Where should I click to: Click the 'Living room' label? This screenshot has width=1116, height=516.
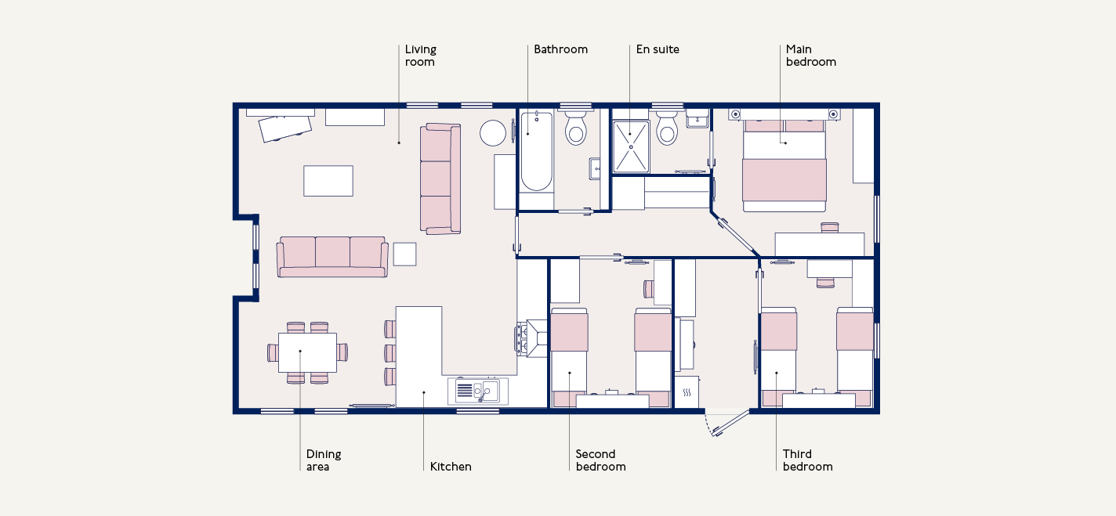(x=421, y=56)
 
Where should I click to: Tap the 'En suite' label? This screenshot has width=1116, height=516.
(x=658, y=49)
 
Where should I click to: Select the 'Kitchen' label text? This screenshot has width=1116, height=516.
(x=451, y=467)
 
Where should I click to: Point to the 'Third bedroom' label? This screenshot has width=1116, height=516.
(x=807, y=460)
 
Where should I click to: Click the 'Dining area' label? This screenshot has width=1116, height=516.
(x=324, y=460)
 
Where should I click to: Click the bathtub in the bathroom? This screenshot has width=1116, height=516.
(x=537, y=151)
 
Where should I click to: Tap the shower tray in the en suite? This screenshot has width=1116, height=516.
(x=631, y=146)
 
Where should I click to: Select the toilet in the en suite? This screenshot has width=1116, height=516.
(x=667, y=128)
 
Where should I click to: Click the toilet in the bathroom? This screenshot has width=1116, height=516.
(x=576, y=128)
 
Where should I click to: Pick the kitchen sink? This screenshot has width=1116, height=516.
(x=478, y=391)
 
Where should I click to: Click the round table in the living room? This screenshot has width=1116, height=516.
(x=493, y=133)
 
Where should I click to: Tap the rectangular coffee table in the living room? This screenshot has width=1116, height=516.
(x=328, y=181)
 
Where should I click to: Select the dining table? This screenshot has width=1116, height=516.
(x=307, y=353)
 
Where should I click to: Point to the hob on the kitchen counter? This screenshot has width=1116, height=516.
(x=522, y=339)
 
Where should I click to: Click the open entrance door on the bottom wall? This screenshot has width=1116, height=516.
(x=731, y=423)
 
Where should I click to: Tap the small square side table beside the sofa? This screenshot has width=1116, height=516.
(x=404, y=254)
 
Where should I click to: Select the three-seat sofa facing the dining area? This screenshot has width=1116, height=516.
(x=332, y=257)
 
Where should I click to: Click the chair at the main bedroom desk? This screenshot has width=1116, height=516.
(x=829, y=227)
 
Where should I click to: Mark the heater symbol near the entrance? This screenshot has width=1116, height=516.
(x=687, y=392)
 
